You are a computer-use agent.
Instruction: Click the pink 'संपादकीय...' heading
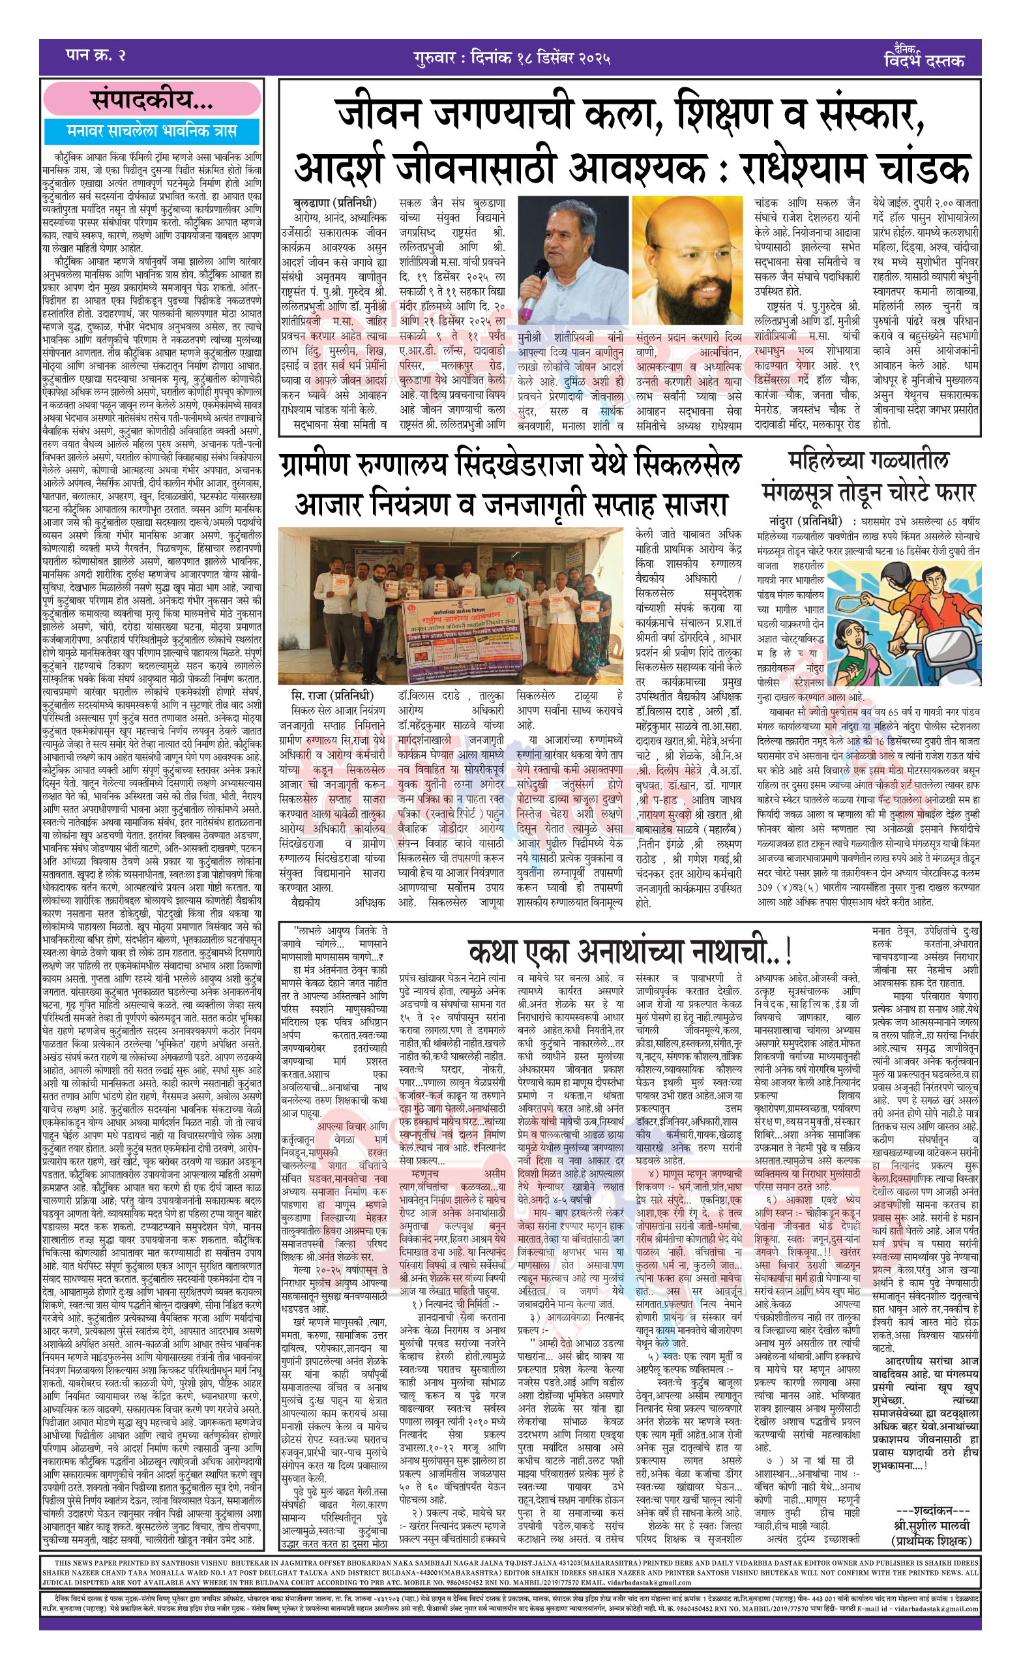coord(152,100)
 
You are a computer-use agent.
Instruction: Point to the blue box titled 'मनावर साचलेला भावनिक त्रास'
coord(152,130)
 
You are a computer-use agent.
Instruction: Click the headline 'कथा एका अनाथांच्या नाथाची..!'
coord(629,951)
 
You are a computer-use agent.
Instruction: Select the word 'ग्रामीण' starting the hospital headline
coord(327,465)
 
